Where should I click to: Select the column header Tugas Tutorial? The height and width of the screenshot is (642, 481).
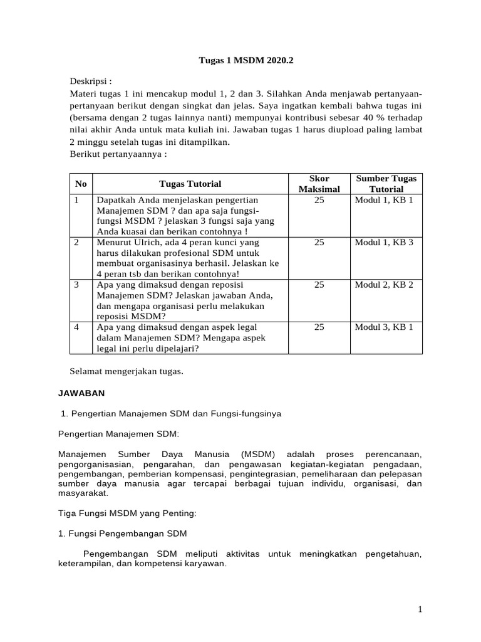point(190,184)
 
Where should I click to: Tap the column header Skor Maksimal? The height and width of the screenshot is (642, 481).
point(319,184)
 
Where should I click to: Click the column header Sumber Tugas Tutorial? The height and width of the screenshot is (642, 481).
point(386,184)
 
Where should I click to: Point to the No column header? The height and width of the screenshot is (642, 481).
point(80,184)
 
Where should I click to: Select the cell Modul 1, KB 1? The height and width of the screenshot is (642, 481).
point(384,199)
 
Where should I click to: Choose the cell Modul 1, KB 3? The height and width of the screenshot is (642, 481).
point(384,242)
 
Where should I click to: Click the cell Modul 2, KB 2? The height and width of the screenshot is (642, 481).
point(384,285)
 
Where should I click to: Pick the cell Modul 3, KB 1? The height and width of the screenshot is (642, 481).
point(384,327)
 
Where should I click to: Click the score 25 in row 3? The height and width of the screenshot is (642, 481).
point(319,285)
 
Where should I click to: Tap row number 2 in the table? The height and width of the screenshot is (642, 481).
point(76,242)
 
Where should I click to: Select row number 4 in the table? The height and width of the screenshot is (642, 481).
point(76,327)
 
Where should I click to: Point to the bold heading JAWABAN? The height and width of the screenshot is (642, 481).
point(81,393)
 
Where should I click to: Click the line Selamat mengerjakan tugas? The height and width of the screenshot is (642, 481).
point(127,371)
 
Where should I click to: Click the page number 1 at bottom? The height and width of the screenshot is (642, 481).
point(421,609)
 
